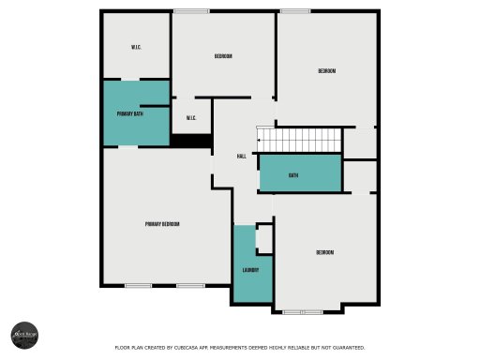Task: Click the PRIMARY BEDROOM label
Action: (x=162, y=224)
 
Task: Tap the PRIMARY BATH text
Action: (x=130, y=113)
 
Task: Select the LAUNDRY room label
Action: (x=250, y=271)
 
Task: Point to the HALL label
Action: (x=241, y=156)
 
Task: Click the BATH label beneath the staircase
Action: (x=293, y=175)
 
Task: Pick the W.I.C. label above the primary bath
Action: (x=136, y=48)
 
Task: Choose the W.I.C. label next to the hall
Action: (x=190, y=117)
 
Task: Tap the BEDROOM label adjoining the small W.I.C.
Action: (x=223, y=56)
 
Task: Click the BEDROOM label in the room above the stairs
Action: (x=326, y=71)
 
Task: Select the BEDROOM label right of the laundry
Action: (x=324, y=252)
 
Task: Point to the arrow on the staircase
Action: (x=259, y=142)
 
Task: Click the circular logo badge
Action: (x=24, y=335)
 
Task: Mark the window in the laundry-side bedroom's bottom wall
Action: (x=307, y=311)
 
